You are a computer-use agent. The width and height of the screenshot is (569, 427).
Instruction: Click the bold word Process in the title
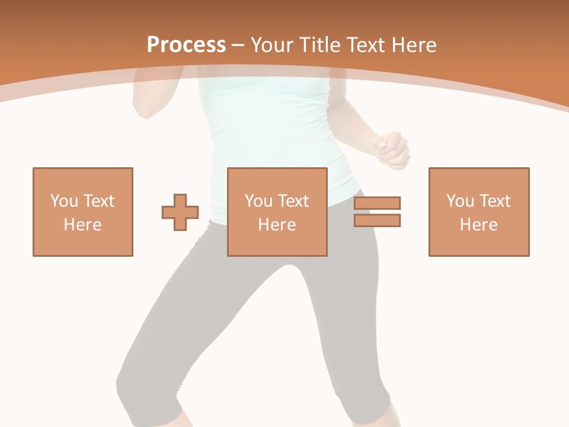(186, 44)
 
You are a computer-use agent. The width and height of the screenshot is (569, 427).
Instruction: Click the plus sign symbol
(180, 212)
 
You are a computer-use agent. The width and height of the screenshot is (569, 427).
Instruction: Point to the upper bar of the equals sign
(377, 203)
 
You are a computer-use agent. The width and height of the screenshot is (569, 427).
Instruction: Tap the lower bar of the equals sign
(377, 221)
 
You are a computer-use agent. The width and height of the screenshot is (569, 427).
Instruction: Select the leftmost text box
(83, 212)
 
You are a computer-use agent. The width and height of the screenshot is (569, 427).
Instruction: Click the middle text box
(277, 212)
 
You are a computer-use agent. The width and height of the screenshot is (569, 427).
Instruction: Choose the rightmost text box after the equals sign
(479, 212)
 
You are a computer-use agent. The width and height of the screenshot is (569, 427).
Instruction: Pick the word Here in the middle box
(277, 225)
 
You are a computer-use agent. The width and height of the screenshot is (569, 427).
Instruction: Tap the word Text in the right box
(494, 200)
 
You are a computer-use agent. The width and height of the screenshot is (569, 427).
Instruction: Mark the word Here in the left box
(83, 225)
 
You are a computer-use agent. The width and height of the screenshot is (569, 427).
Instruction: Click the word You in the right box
(460, 200)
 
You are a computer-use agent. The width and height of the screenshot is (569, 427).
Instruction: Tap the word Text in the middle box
(292, 200)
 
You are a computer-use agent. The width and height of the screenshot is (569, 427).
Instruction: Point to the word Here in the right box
(479, 225)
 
